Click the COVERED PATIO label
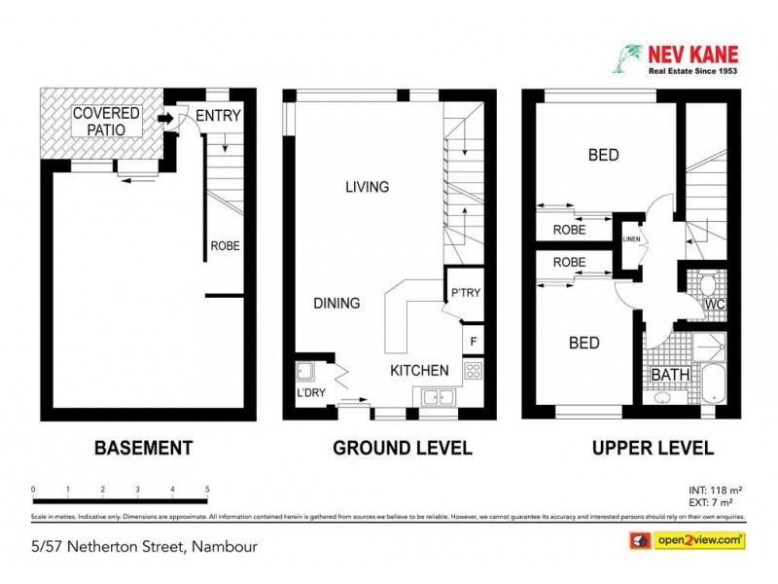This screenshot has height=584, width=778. pos(106,122)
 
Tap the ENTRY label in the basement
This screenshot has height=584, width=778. pos(218,116)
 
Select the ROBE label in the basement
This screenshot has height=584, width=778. pos(225,246)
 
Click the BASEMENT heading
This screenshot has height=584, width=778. pos(143,449)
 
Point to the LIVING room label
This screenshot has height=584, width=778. pos(367,187)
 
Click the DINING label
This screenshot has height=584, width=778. pos(336,303)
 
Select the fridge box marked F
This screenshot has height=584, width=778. pos(473,341)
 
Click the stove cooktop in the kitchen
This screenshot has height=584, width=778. pos(473,370)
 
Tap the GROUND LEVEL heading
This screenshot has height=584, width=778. pos(403,449)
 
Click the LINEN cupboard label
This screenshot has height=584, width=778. pos(630,239)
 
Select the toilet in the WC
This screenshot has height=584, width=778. pos(708,285)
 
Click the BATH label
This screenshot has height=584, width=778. pos(670,375)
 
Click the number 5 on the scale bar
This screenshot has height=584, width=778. pos(207,490)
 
